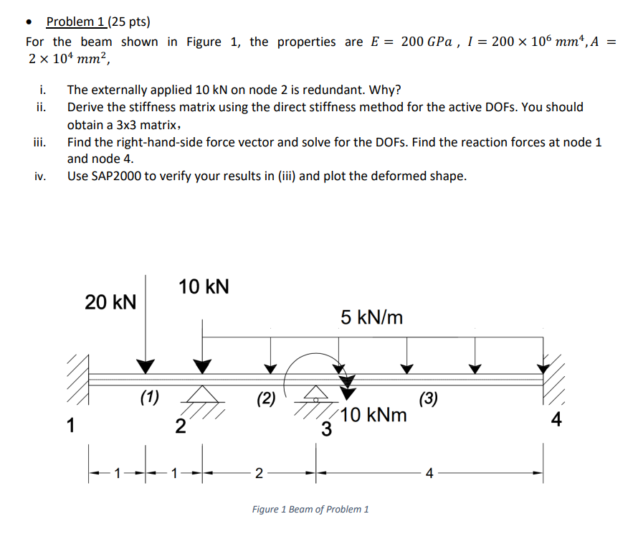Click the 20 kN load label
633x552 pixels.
110,301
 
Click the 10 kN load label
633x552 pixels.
204,287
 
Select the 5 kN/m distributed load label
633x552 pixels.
372,317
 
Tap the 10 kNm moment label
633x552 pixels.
374,415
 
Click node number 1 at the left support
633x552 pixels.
70,426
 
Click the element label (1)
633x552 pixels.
150,397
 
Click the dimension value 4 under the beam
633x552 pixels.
429,473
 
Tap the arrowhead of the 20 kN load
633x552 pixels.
146,367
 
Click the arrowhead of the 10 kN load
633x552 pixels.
204,367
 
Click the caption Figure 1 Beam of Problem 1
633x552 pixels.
310,509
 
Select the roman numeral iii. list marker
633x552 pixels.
40,142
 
